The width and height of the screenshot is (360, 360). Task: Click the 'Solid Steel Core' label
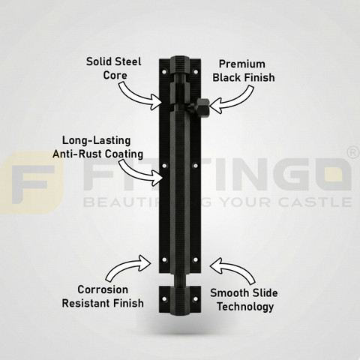coord(114,68)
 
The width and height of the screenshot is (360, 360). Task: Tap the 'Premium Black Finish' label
coord(244,70)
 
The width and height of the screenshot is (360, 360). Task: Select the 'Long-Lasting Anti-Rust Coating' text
coord(97,147)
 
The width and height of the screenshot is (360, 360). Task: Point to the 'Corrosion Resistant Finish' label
coord(103,296)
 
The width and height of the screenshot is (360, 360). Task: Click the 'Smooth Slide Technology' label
coord(244,300)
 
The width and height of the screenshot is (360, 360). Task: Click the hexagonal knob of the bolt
coord(202,107)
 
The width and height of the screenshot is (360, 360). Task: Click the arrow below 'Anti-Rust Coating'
coord(140,172)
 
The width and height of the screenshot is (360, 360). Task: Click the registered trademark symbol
coord(353,153)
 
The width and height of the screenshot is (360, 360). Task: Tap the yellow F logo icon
coord(31,183)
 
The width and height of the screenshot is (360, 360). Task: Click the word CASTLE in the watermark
coord(315,202)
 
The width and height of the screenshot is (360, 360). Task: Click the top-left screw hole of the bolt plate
coord(164,72)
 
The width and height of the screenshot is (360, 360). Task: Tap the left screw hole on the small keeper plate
coord(164,298)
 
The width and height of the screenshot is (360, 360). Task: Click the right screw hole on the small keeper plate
coord(196,298)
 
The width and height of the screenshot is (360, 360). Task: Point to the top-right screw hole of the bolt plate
coord(196,72)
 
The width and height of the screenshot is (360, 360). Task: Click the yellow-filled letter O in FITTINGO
coord(334,174)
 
